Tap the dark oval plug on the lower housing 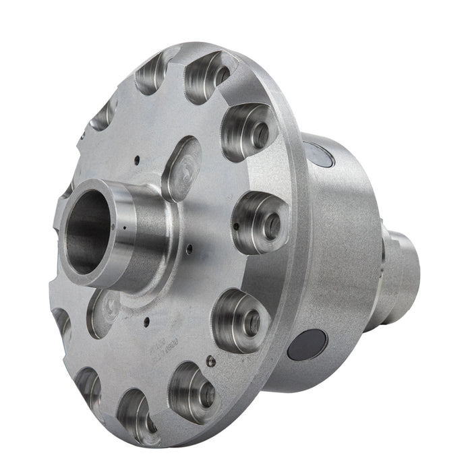306,345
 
